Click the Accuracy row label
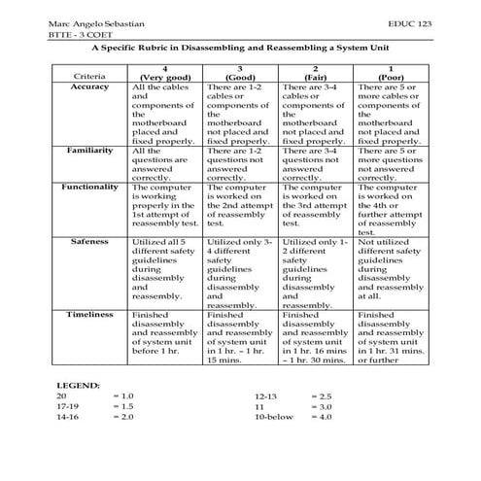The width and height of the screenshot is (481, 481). point(89,86)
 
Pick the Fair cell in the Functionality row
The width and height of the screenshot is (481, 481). point(315,203)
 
